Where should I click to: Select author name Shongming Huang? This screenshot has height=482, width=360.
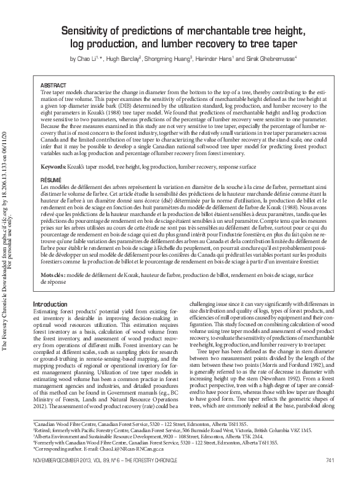(x=178, y=59)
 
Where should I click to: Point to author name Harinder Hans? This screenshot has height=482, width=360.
(x=223, y=59)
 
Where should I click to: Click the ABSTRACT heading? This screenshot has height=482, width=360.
(x=52, y=84)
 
